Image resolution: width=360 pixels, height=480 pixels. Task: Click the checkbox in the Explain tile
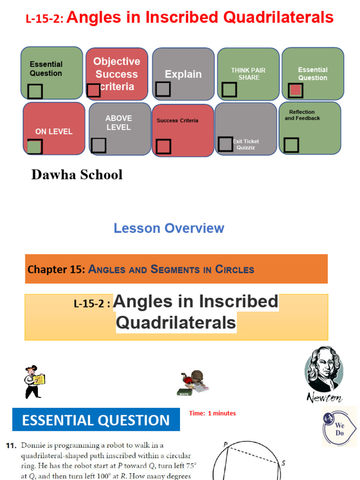163,89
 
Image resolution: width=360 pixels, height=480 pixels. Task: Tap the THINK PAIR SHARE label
248,74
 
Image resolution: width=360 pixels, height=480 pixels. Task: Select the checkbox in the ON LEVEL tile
35,147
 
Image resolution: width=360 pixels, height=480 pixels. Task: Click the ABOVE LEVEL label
119,123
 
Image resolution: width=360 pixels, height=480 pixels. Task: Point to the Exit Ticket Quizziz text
246,144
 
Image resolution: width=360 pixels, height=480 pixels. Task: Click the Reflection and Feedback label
302,115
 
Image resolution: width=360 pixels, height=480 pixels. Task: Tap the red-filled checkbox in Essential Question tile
295,90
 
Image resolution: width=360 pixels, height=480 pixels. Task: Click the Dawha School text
77,175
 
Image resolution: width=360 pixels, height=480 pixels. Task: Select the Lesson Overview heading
169,228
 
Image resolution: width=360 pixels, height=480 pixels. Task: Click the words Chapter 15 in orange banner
56,270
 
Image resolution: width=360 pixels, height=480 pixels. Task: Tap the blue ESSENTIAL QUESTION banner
96,420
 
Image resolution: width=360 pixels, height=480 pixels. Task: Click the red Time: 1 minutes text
212,413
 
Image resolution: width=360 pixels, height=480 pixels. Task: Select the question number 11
12,445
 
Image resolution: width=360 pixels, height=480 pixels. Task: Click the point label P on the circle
225,444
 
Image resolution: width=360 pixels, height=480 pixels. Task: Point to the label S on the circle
283,463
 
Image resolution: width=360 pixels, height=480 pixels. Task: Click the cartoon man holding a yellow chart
34,382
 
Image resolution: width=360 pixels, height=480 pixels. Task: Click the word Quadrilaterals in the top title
277,18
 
